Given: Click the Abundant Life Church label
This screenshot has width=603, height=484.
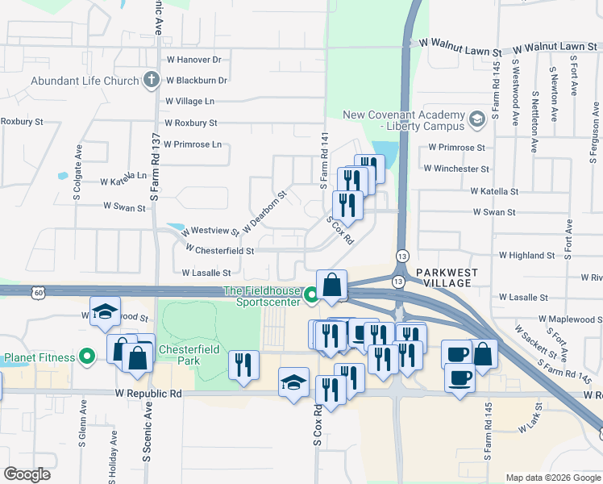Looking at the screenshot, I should (84, 81).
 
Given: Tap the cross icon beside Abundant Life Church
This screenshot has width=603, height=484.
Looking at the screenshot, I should (151, 80).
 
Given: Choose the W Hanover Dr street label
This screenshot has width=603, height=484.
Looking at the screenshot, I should (193, 60).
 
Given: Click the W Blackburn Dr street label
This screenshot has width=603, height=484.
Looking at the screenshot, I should (196, 81).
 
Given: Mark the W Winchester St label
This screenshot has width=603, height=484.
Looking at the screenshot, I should (459, 169).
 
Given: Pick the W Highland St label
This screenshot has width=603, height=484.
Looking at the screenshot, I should (526, 255).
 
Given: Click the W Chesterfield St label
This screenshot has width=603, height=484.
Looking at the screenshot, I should (219, 251).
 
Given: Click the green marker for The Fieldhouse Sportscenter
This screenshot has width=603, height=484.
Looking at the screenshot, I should (312, 297).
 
